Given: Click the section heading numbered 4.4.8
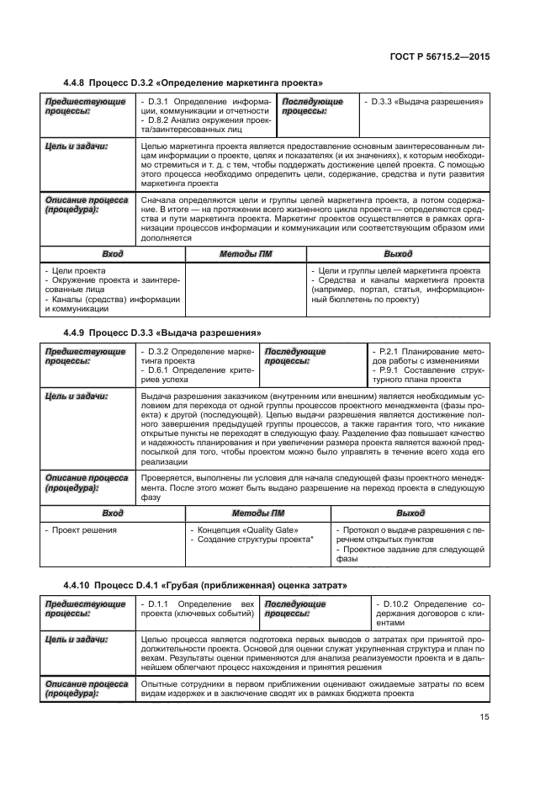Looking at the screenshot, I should coord(193,82).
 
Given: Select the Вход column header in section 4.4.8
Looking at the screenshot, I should coord(112,253).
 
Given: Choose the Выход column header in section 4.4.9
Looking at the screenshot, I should coord(410,513).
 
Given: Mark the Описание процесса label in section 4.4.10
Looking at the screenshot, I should coord(79,689).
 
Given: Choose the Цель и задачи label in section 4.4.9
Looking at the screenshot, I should coord(76,395).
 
